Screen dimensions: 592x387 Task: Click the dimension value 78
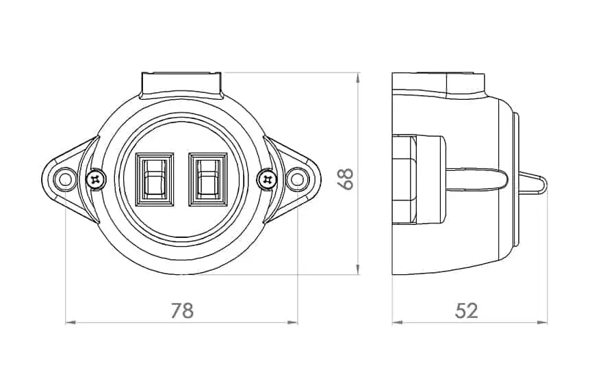coord(182,310)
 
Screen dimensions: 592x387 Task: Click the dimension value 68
coord(346,178)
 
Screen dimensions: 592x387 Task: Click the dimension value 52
coord(466,310)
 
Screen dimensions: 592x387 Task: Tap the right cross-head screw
coord(268,179)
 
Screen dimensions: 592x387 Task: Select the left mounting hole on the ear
coord(65,179)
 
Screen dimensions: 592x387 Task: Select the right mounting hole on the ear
coord(298,179)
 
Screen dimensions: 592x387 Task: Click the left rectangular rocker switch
coord(155,179)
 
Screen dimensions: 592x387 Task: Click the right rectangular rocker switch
coord(208,179)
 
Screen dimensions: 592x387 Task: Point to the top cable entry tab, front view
coord(181,85)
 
